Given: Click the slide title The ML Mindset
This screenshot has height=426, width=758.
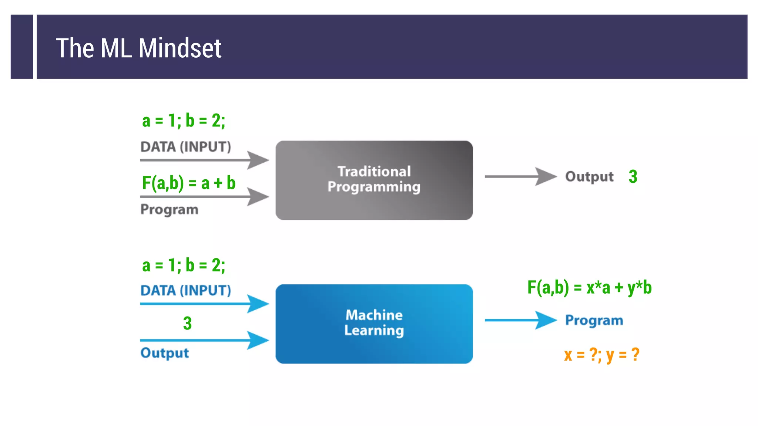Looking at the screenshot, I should [138, 48].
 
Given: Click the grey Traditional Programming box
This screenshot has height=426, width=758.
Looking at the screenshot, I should [374, 180].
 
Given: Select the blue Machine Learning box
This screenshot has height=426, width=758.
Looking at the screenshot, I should [374, 324].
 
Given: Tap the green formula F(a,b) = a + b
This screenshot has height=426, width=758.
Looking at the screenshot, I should [188, 183].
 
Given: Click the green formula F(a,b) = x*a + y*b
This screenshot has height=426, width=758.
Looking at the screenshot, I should [589, 287].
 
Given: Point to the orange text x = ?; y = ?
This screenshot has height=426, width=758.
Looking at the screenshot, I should [601, 355].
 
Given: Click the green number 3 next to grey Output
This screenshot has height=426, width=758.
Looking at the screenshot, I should [633, 176].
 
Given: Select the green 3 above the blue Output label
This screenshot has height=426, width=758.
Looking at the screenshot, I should [187, 323].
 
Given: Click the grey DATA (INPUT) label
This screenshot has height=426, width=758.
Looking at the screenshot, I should [185, 147].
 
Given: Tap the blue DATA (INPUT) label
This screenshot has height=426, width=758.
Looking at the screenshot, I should [185, 290].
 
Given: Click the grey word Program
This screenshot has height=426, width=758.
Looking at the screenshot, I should [169, 209].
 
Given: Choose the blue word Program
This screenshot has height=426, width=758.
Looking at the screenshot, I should [594, 320].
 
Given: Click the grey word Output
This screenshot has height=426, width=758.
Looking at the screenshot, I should [589, 176].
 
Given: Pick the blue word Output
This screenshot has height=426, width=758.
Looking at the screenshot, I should [164, 353].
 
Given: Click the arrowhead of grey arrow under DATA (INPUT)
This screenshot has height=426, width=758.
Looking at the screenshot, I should [258, 160].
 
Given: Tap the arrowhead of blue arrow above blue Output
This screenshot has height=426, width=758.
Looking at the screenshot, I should [258, 340].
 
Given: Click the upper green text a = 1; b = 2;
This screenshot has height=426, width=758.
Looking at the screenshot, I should [184, 121].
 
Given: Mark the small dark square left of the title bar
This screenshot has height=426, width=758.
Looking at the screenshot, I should [22, 47].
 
